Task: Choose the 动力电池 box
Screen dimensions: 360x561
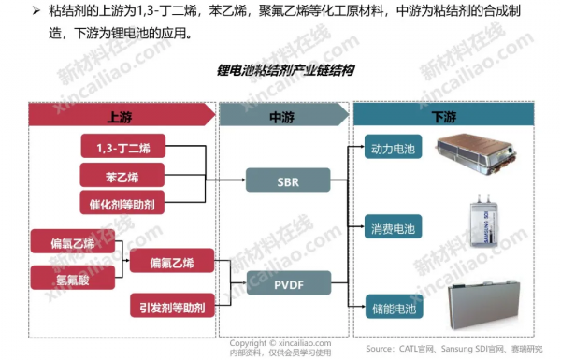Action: (392, 149)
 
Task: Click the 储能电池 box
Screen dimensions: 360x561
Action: (392, 305)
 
